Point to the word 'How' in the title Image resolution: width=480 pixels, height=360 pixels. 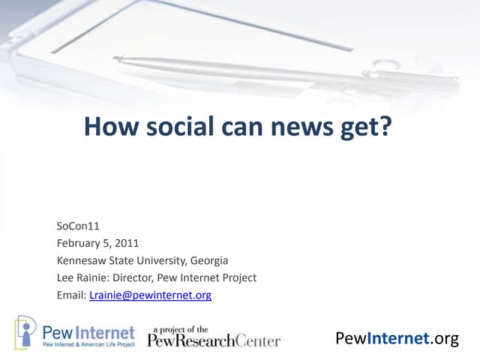(x=104, y=126)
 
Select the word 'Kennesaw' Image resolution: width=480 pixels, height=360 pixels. (x=82, y=261)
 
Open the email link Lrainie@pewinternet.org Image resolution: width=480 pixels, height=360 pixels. (x=150, y=295)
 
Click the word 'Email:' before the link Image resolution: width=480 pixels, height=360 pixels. (x=71, y=295)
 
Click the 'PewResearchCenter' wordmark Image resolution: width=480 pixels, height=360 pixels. (x=214, y=341)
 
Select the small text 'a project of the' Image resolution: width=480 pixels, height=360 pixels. (x=182, y=328)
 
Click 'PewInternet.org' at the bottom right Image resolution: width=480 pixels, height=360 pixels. (x=397, y=339)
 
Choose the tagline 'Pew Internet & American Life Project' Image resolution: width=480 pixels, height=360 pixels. (x=88, y=343)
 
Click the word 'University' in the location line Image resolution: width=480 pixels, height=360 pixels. (x=158, y=261)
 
